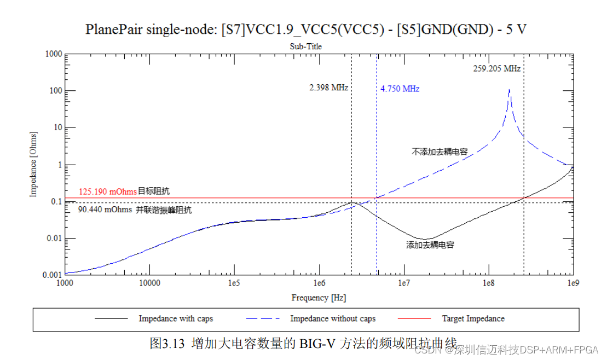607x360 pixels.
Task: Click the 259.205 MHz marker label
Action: point(496,69)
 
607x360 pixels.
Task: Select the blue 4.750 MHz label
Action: point(400,89)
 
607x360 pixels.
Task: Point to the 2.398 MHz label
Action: point(328,88)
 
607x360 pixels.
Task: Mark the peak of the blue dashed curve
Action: point(510,89)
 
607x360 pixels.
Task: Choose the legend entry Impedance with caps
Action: point(176,318)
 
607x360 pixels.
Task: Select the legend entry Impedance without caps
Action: point(333,318)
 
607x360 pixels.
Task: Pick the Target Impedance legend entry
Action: point(473,318)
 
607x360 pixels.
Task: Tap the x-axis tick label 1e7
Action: point(404,284)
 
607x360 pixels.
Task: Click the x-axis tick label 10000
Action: point(149,284)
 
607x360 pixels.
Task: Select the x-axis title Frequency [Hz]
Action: point(319,298)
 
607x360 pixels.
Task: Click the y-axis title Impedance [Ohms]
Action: point(33,164)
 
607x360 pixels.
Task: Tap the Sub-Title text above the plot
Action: point(305,47)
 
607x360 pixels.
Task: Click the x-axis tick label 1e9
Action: point(573,284)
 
